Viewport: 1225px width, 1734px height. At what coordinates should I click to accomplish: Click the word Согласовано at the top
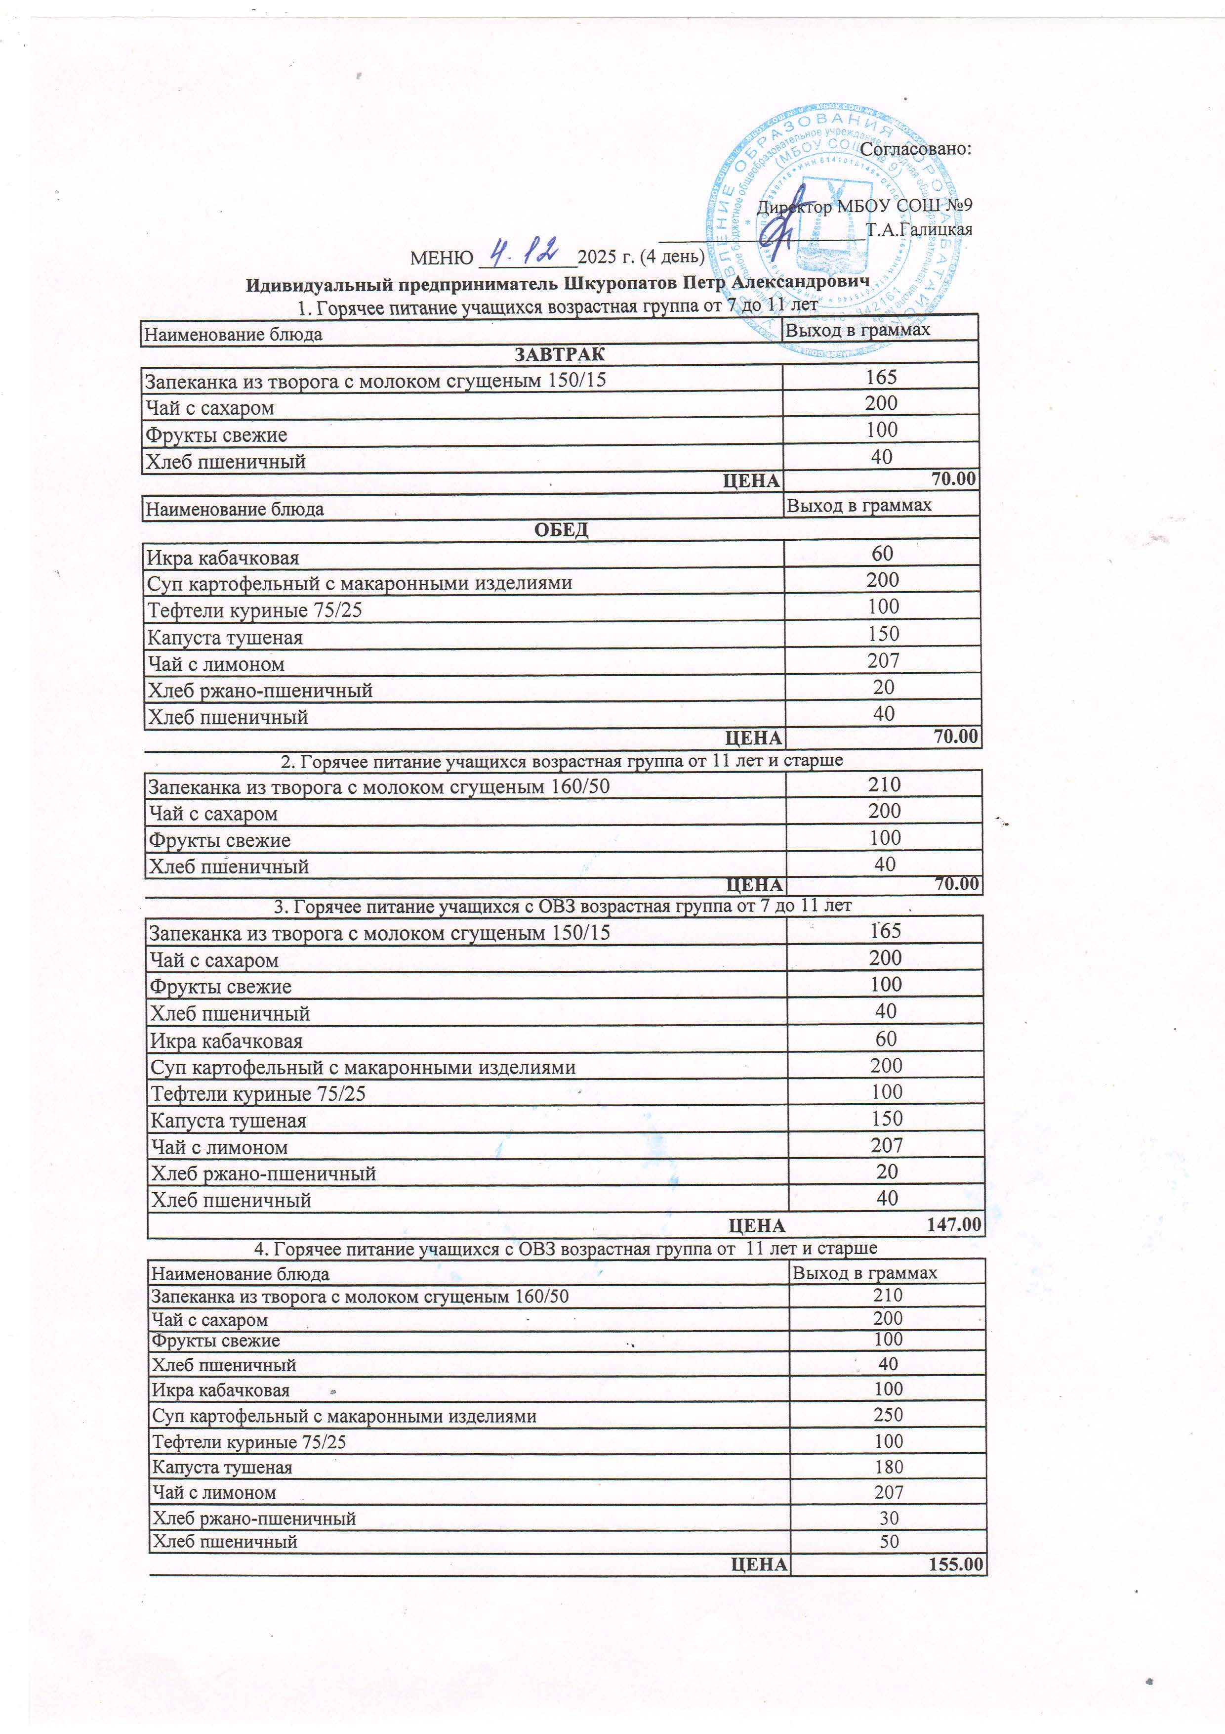pyautogui.click(x=915, y=149)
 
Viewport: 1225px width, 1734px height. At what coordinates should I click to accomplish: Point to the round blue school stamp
pyautogui.click(x=834, y=230)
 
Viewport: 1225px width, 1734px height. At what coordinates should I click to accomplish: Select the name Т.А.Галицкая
pyautogui.click(x=919, y=229)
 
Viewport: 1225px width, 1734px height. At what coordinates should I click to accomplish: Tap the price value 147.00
pyautogui.click(x=953, y=1224)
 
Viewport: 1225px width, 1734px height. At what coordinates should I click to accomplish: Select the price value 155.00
pyautogui.click(x=955, y=1564)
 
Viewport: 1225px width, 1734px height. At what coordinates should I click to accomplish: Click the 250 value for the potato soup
pyautogui.click(x=888, y=1415)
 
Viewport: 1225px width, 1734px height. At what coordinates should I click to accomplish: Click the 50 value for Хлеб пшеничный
pyautogui.click(x=889, y=1541)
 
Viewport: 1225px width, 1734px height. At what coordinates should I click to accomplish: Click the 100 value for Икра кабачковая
pyautogui.click(x=888, y=1389)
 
